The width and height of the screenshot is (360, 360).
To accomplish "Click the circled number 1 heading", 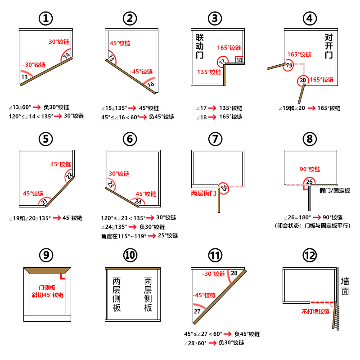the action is click(x=46, y=18).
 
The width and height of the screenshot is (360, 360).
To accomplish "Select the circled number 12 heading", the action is click(x=310, y=256).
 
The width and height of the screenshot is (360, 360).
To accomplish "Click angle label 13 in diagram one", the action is click(x=25, y=77).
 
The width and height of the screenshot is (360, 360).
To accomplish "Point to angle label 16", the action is click(x=151, y=84).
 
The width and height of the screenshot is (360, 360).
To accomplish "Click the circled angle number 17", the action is click(x=222, y=62).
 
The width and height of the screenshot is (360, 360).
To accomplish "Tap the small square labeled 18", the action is click(x=239, y=60).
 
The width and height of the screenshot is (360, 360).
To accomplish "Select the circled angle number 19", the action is click(x=289, y=66).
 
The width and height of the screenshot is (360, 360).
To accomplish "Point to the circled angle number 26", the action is click(x=309, y=182).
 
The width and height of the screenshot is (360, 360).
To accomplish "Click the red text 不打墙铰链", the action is click(x=315, y=311).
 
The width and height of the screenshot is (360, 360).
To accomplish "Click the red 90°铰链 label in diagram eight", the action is click(x=310, y=169).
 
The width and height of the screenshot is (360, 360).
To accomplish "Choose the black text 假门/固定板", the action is click(x=334, y=191).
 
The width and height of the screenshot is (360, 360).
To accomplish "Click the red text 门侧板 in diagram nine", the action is click(x=47, y=288).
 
